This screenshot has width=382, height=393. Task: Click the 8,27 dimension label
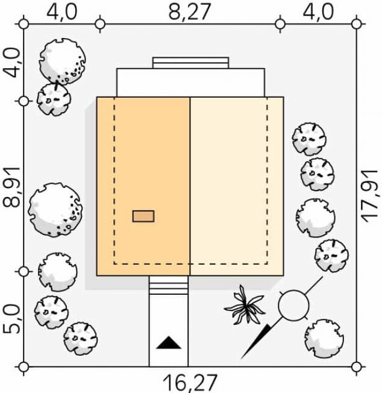[189, 12]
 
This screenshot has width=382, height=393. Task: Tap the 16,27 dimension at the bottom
[190, 383]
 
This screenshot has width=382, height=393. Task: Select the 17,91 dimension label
[370, 196]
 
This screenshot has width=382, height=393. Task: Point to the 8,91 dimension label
[11, 187]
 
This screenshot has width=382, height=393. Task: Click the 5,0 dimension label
[11, 319]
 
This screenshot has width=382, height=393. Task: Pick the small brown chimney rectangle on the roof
[143, 216]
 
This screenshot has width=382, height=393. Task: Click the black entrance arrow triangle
[169, 342]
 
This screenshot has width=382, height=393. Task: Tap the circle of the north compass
[293, 305]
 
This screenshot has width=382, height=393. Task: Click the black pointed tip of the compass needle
[242, 358]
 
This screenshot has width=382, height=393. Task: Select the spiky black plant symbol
[244, 305]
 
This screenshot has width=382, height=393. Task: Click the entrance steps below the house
[169, 285]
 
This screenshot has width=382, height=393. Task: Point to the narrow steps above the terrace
[190, 63]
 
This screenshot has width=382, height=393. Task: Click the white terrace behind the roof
[190, 83]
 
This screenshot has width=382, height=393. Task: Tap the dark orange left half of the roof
[143, 186]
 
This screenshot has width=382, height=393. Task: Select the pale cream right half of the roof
[237, 186]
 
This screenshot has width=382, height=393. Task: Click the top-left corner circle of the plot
[23, 24]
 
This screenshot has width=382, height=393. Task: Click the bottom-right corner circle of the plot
[356, 367]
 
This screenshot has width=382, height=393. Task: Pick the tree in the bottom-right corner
[324, 338]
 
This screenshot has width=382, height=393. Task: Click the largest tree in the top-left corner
[62, 61]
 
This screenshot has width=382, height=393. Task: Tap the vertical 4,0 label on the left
[11, 63]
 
